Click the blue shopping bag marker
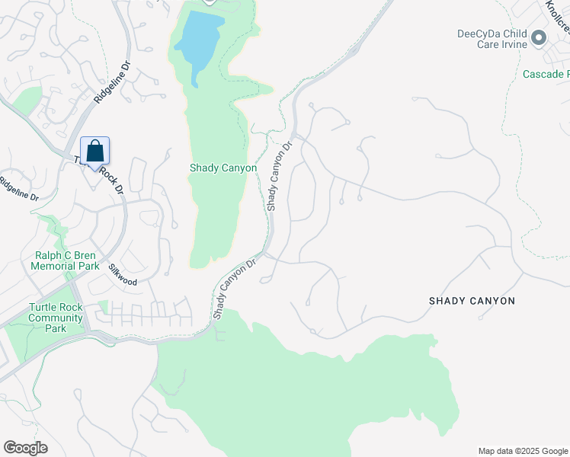point(94,150)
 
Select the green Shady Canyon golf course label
point(223,168)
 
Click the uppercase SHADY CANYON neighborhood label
point(472,301)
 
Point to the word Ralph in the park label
point(49,256)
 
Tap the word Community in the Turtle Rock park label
point(55,318)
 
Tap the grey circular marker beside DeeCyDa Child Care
point(540,37)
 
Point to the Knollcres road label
point(557,17)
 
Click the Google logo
point(25,448)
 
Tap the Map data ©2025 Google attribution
point(522,451)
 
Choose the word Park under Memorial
point(88,267)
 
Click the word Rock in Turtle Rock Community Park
point(70,307)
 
